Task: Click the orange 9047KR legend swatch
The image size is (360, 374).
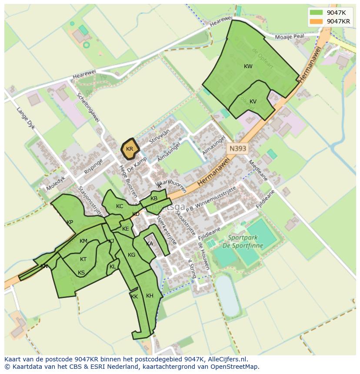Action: [x=317, y=21]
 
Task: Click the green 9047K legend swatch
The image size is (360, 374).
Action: [x=317, y=13]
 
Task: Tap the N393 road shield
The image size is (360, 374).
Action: [x=238, y=149]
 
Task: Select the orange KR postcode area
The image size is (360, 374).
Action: [x=130, y=148]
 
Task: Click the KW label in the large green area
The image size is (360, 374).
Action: [x=248, y=66]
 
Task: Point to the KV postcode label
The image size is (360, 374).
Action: [x=253, y=102]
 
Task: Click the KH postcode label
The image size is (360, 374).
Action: [x=150, y=296]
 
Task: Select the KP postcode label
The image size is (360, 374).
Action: [x=70, y=222]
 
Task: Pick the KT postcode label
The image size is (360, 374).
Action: [x=83, y=259]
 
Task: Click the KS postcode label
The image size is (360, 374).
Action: [x=81, y=273]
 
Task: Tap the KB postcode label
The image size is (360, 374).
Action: [x=154, y=199]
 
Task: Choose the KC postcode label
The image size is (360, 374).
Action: [x=120, y=206]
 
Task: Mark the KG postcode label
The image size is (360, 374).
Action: [x=131, y=255]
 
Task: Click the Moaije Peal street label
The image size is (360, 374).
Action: [x=292, y=37]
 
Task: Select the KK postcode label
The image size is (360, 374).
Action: [x=134, y=297]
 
